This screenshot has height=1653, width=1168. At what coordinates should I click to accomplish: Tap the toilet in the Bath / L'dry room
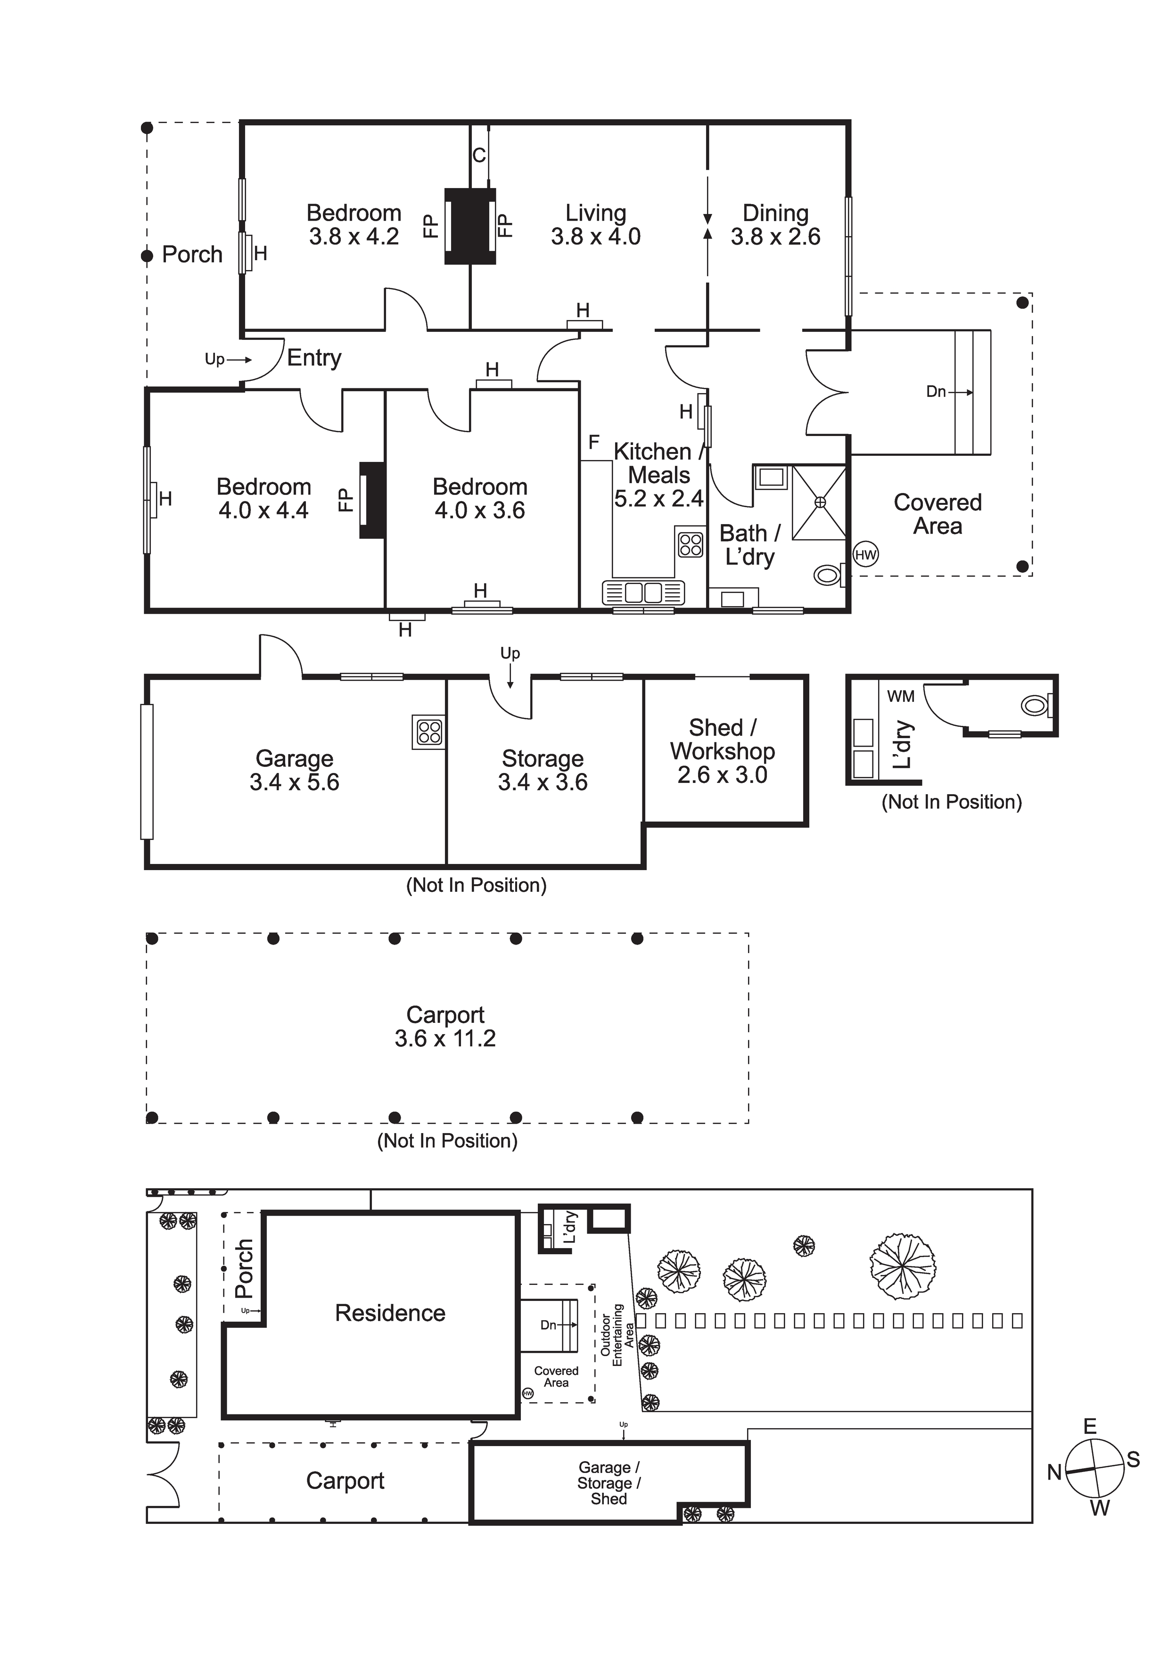(828, 575)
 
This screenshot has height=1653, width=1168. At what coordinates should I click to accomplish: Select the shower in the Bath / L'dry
(820, 502)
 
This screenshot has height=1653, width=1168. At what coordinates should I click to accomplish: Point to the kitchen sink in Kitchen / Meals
(643, 592)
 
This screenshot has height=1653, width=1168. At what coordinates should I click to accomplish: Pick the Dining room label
(775, 213)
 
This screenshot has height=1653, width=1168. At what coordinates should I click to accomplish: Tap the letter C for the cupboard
(479, 155)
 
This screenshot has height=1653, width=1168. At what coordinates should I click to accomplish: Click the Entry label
(314, 358)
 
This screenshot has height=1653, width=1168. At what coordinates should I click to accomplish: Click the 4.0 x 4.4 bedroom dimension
(263, 510)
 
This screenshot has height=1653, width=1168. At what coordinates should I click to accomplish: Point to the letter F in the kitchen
(594, 442)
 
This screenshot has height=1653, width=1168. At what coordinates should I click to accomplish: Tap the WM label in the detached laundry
(901, 696)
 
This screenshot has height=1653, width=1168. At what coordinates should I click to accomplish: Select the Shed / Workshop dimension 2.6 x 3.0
(722, 775)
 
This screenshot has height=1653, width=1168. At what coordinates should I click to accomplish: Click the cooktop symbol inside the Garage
(429, 732)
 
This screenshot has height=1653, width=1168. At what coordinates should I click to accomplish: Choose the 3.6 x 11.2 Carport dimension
(445, 1038)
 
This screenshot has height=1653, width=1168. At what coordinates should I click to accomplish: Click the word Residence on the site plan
(390, 1313)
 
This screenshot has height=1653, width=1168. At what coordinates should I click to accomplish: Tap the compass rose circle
(1094, 1469)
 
